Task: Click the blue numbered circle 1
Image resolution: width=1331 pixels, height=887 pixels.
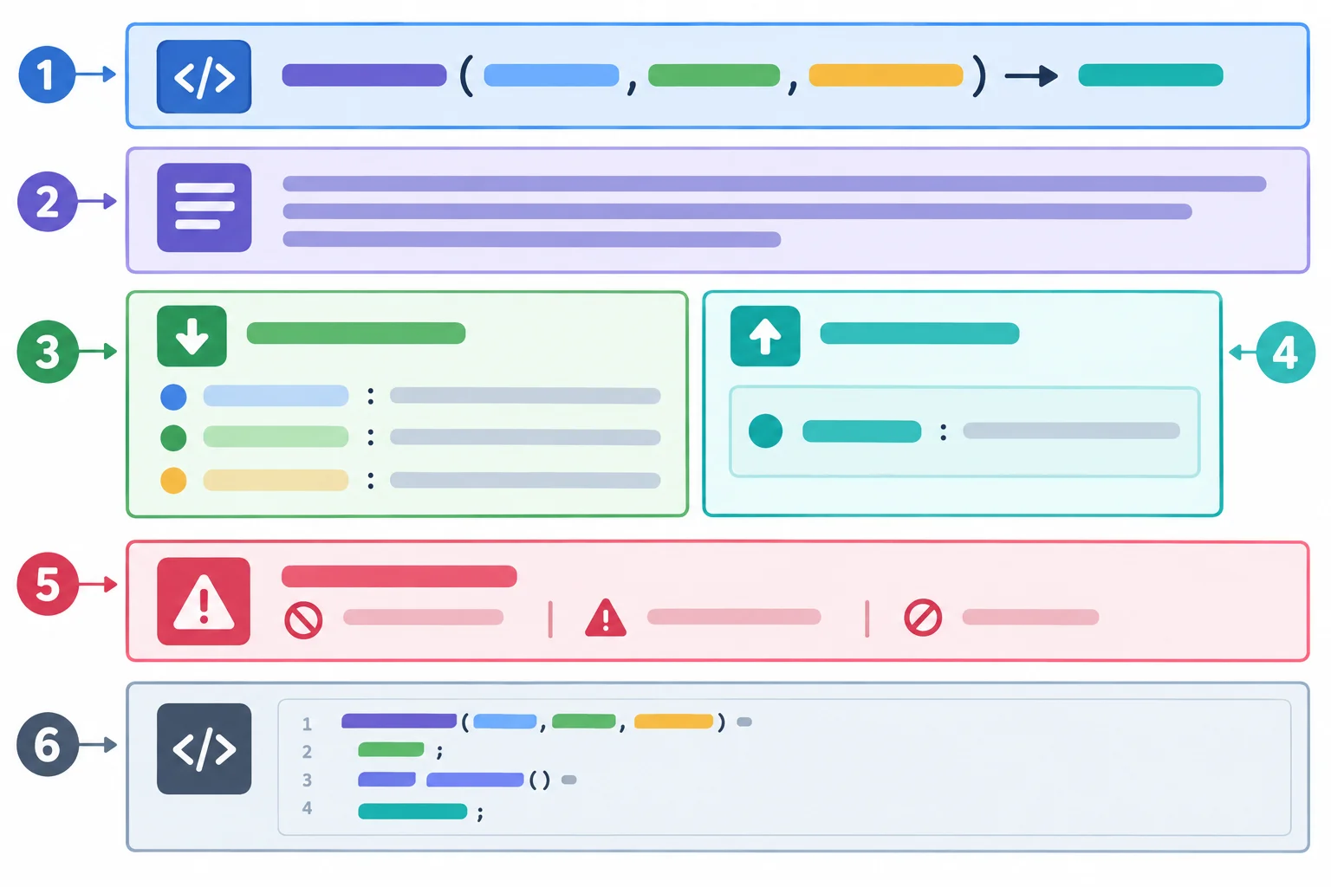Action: tap(47, 74)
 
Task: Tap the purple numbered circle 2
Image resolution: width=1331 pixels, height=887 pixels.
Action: tap(47, 202)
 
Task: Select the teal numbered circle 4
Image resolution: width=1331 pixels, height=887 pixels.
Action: tap(1286, 353)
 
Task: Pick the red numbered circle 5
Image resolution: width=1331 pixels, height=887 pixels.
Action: tap(48, 584)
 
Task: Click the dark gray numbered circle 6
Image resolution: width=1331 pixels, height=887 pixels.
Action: tap(48, 744)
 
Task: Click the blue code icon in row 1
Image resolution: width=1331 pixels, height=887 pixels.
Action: tap(204, 76)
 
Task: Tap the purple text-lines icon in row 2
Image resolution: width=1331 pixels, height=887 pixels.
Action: tap(204, 207)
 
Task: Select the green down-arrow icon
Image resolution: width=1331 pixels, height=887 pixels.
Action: tap(192, 336)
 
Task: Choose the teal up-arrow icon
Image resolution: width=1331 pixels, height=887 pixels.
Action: tap(765, 336)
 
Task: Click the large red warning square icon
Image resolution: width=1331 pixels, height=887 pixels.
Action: tap(204, 601)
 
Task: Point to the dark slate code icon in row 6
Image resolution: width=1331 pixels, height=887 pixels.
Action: tap(204, 749)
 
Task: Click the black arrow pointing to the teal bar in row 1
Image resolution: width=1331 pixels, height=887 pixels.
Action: tap(1031, 76)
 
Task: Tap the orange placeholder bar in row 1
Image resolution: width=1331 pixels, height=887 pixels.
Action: tap(886, 75)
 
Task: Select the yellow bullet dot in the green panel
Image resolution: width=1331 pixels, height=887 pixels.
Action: tap(173, 481)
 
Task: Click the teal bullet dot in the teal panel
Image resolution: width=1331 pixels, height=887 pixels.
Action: tap(765, 431)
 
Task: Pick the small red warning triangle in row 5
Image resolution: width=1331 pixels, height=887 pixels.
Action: tap(606, 618)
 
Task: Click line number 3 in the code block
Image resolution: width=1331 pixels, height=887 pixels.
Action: tap(307, 780)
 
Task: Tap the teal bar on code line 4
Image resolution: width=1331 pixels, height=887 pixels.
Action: tap(412, 812)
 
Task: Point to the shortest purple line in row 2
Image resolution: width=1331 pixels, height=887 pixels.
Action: tap(532, 239)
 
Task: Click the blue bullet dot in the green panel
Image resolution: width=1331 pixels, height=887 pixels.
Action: tap(173, 397)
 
